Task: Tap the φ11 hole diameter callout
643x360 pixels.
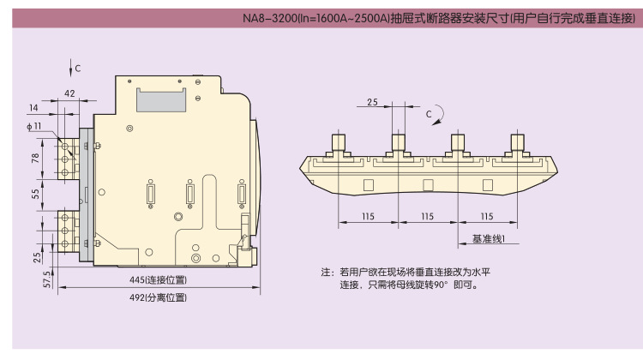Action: (33, 127)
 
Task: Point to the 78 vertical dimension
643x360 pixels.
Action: (35, 159)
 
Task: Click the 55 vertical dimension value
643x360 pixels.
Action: (35, 195)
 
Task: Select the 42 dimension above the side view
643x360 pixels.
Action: (70, 93)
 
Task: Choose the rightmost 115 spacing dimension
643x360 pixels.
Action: (487, 216)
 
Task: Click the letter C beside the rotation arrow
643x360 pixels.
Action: (430, 112)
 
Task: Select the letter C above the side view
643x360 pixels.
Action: (77, 67)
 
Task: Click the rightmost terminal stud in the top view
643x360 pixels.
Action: (518, 141)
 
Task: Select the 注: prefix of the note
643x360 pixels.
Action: (326, 273)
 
